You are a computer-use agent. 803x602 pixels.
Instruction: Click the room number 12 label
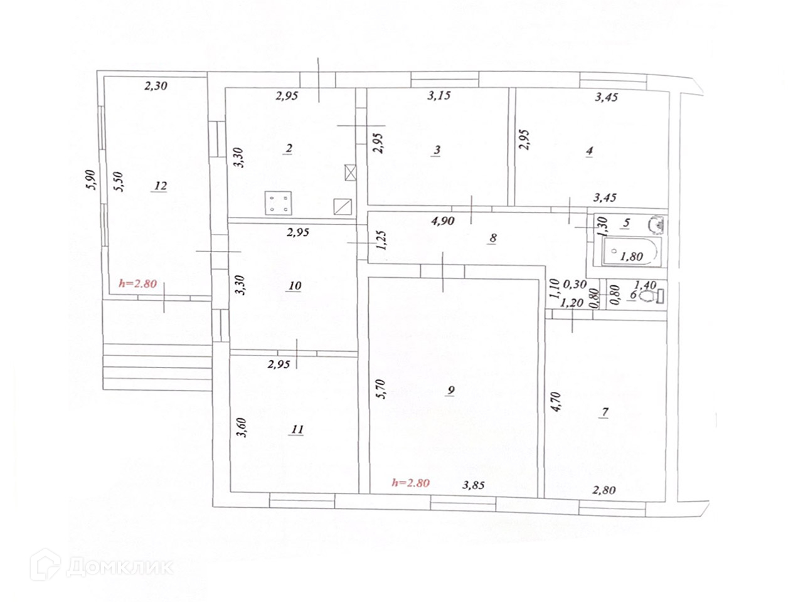coord(161,186)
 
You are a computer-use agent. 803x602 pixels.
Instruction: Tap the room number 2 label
coord(288,149)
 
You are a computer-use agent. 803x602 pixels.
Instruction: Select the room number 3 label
coord(437,150)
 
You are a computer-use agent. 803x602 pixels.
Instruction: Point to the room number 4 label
coord(589,151)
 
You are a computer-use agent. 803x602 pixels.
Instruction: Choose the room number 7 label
coord(605,412)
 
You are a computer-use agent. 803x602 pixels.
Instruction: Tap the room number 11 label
coord(297,430)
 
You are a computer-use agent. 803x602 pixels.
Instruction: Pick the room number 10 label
coord(295,286)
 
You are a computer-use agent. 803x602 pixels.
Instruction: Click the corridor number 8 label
coord(492,238)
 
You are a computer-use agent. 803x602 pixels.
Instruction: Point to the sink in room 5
coord(658,223)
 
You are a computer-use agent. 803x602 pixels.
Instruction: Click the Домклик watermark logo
coord(101,566)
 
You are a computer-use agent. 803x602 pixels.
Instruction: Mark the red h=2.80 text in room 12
coord(137,283)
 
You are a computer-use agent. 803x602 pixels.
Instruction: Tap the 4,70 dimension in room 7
coord(555,400)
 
